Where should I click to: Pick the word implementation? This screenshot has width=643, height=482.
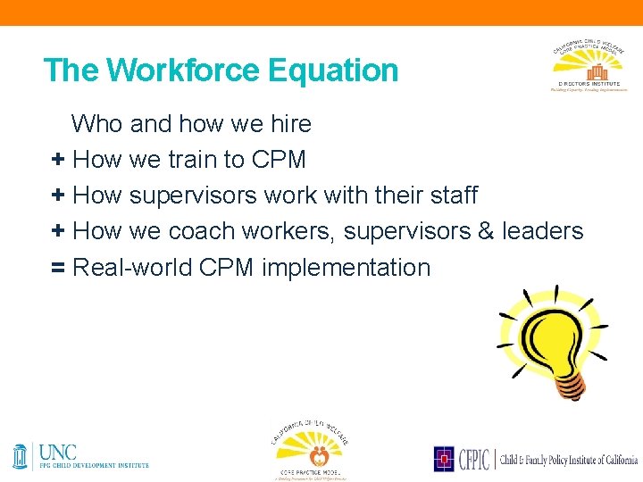[x=346, y=268]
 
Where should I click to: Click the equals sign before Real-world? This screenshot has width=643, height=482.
[x=58, y=268]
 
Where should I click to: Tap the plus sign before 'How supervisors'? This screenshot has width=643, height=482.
[x=58, y=195]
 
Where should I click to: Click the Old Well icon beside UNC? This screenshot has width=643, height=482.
[x=21, y=456]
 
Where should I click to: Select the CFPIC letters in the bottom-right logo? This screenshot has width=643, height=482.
[x=473, y=459]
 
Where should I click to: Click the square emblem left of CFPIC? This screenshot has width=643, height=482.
[x=444, y=459]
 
